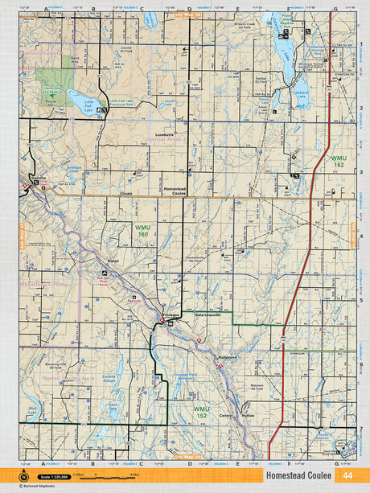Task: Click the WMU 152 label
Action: tap(202, 412)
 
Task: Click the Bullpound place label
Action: tap(228, 356)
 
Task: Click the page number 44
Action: tap(347, 475)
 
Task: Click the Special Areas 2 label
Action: tap(166, 139)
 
